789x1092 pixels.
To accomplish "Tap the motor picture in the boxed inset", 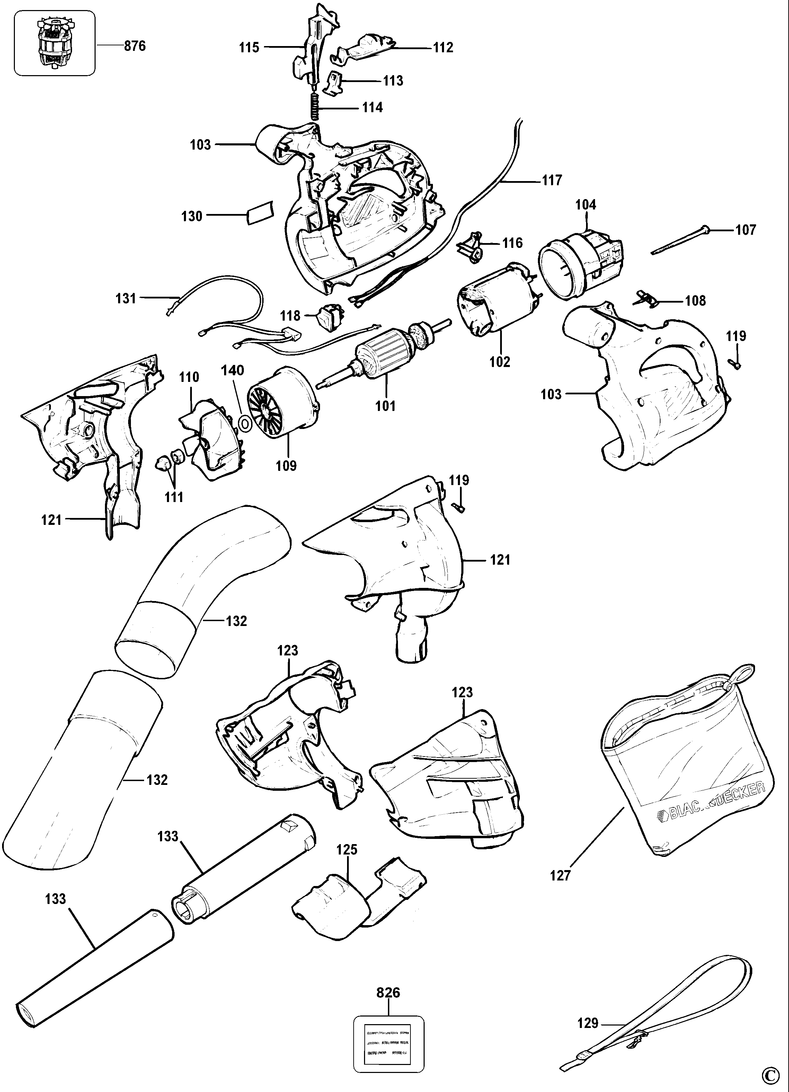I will [x=54, y=43].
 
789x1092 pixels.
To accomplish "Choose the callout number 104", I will [x=585, y=205].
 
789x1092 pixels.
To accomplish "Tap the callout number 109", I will [x=286, y=466].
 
